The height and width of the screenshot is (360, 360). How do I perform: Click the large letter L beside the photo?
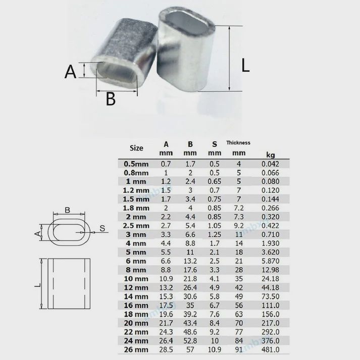point(246,66)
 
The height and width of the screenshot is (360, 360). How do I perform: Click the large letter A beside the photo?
point(70,72)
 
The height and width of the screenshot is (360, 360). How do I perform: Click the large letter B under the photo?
point(111,99)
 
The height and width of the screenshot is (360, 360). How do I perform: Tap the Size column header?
point(136,148)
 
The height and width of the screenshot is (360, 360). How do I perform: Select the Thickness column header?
point(239,143)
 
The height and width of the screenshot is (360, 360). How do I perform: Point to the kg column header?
point(270,153)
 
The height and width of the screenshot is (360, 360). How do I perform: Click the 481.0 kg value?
point(270,349)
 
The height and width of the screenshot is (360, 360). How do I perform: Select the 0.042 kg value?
point(270,164)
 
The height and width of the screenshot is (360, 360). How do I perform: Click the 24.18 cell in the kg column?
point(270,278)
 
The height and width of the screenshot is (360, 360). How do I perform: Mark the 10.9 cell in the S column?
point(214,349)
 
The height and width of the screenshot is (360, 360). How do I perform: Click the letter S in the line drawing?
point(101,229)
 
